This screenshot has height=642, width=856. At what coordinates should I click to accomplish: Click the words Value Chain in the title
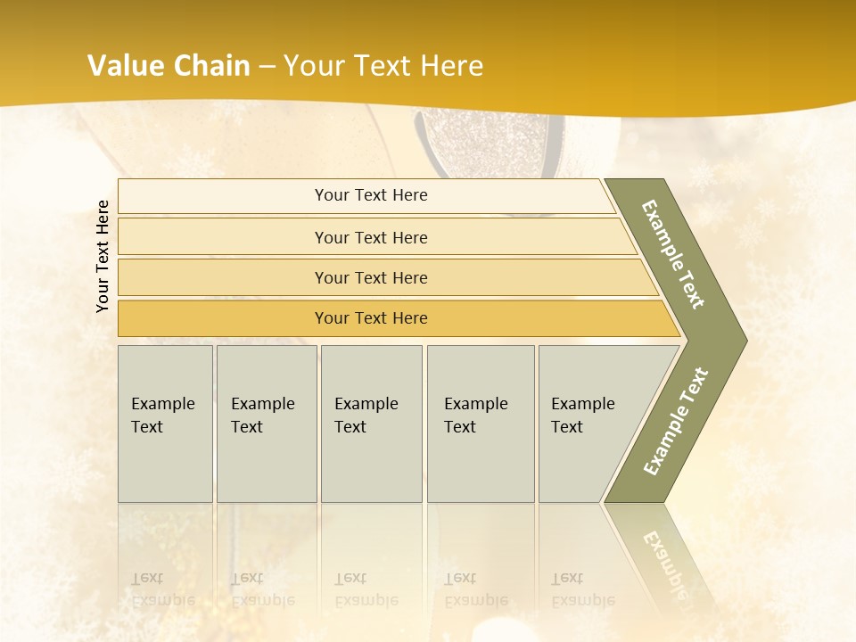point(169,66)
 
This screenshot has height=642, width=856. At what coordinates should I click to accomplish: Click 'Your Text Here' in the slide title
point(383,66)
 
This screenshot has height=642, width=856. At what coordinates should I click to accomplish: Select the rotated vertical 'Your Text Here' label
point(103,256)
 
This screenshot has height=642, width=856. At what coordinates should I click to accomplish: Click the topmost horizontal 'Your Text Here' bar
point(371,195)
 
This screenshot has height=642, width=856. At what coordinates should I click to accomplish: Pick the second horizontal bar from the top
point(371,237)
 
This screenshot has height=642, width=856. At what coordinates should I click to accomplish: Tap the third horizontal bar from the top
point(371,277)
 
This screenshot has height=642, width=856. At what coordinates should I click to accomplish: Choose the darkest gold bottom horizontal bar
point(371,318)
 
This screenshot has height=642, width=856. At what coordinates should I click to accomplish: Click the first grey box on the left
point(165,424)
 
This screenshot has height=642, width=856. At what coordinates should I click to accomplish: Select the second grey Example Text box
point(267,424)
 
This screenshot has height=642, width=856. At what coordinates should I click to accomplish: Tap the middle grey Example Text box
point(371,424)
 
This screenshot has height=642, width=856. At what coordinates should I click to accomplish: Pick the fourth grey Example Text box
point(481,424)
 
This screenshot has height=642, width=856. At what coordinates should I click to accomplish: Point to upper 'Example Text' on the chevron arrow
point(673,254)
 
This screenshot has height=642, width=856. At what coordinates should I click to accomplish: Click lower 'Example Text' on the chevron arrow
point(675,421)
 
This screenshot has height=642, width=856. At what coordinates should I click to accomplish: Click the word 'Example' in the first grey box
point(162,404)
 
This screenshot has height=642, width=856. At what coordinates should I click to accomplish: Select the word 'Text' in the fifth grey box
point(566,427)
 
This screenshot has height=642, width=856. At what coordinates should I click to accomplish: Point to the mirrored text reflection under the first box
point(162,589)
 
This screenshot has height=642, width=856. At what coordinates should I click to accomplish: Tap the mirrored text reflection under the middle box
point(366,589)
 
